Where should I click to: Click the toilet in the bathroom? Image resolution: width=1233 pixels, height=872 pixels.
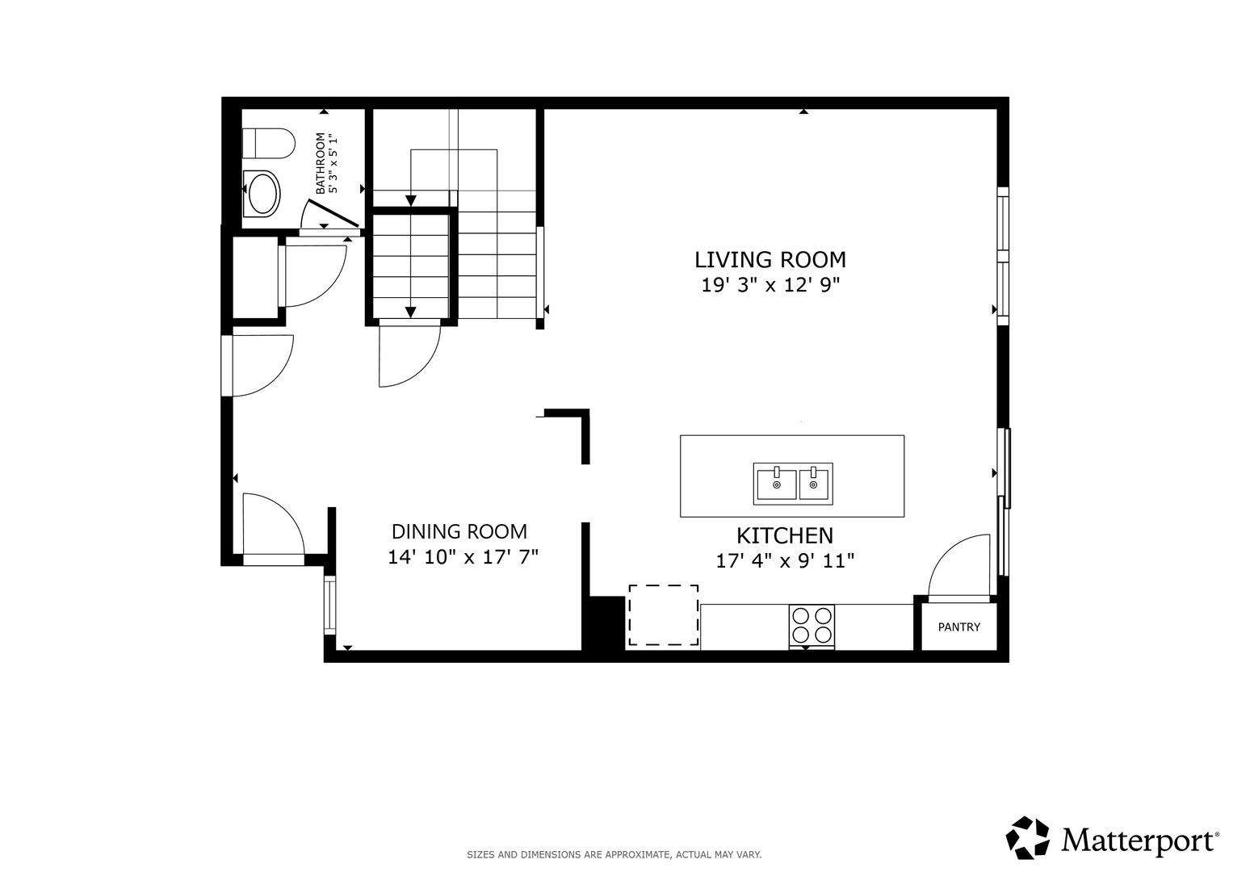269,143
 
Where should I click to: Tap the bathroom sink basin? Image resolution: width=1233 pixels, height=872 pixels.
262,193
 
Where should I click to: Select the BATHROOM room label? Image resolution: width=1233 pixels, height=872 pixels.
321,163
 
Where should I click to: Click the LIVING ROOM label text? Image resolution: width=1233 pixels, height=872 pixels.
770,259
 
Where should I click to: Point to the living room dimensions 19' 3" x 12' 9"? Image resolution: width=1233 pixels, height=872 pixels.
770,285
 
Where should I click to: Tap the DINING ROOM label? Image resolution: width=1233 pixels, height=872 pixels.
459,532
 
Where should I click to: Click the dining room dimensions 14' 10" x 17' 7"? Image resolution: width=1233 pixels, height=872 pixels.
463,557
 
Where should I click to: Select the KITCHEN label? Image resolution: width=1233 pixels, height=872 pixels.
785,535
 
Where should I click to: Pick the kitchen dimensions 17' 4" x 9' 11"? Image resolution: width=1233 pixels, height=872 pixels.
785,561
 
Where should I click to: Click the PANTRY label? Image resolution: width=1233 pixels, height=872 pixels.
959,627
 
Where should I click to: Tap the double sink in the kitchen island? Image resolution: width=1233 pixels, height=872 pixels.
793,484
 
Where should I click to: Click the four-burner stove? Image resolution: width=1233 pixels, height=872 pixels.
812,625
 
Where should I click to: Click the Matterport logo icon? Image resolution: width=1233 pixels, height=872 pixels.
1028,837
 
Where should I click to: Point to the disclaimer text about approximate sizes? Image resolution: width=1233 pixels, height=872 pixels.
614,855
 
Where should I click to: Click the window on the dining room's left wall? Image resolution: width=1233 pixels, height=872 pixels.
329,605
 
